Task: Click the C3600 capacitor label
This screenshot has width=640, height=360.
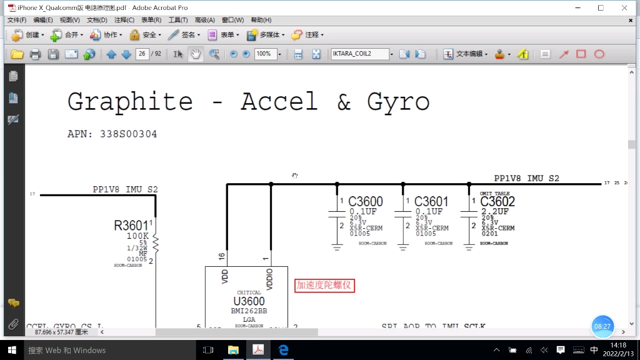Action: coord(366,202)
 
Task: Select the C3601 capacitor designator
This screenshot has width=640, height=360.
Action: coord(431,202)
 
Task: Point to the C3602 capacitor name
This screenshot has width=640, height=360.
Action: coord(497,202)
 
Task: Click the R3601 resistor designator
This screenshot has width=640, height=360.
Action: coord(131,226)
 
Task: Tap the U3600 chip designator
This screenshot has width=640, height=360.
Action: coord(249,302)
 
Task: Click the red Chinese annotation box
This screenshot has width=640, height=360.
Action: coord(325,286)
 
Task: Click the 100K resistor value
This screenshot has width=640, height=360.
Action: coord(137,236)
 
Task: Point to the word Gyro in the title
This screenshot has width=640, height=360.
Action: coord(399,101)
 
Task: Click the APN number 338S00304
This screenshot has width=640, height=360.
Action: coord(129,134)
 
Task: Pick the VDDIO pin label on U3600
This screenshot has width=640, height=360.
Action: coord(270,279)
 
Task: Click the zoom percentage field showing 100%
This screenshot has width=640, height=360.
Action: coord(264,54)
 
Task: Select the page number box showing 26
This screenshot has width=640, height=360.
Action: coord(142,54)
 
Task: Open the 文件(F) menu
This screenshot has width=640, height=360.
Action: coord(17,20)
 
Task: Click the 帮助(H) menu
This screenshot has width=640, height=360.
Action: coord(261,20)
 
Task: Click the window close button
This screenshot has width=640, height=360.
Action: coord(624,7)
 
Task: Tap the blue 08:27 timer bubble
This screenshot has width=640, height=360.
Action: coord(602,326)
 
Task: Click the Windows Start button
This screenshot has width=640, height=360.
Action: coord(11,350)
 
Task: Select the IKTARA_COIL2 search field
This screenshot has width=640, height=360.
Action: coord(359,54)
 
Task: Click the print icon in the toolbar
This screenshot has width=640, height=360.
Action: coord(35,54)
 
